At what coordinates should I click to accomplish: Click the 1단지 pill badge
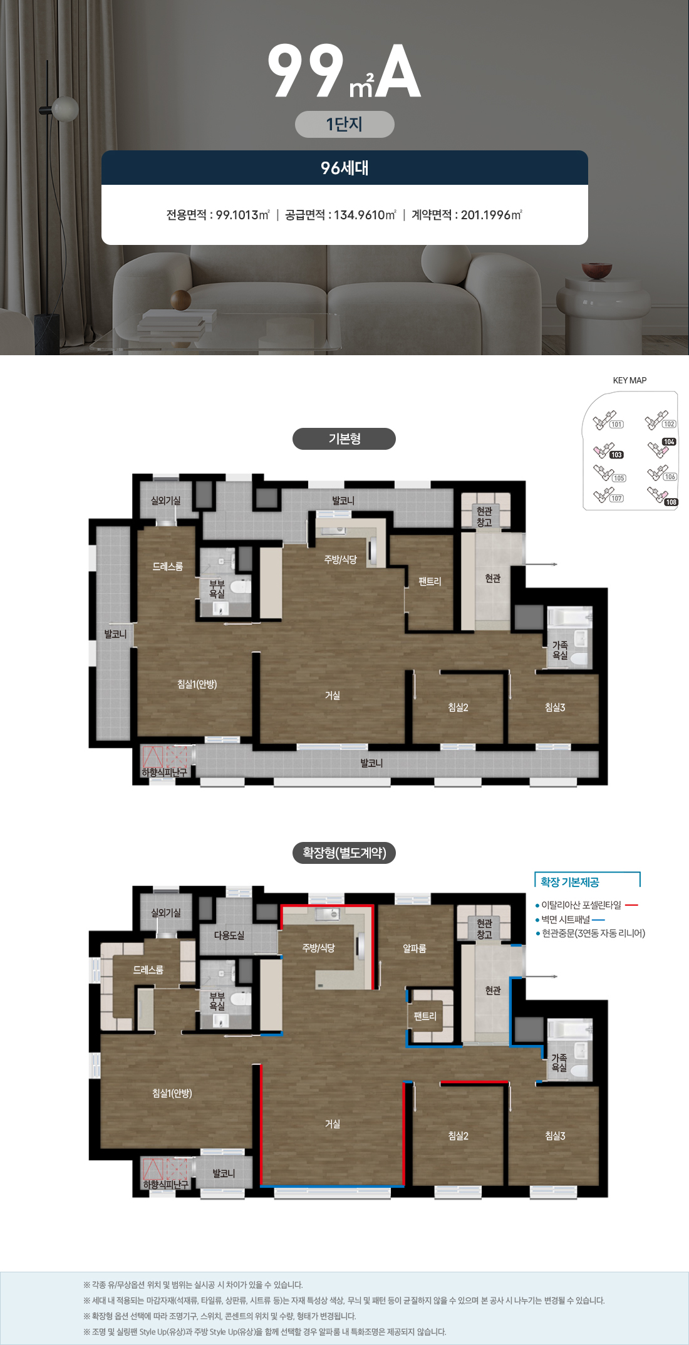point(344,124)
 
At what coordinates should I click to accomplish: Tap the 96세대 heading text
point(344,168)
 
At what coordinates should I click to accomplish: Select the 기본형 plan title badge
point(344,439)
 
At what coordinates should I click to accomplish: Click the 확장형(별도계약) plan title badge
point(344,853)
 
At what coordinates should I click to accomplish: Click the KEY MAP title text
point(629,380)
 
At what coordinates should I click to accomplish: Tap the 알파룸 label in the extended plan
point(415,948)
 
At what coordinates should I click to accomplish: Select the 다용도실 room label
point(229,935)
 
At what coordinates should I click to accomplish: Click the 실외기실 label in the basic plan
point(166,501)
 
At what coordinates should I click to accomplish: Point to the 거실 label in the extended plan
point(333,1124)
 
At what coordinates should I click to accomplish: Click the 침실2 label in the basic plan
point(458,707)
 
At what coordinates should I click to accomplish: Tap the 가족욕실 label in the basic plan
point(560,650)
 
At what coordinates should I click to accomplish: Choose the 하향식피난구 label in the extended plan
point(165,1185)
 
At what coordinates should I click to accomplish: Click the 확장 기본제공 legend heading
point(570,882)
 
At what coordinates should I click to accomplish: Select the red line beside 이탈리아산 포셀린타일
point(631,905)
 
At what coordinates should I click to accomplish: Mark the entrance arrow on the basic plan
point(541,564)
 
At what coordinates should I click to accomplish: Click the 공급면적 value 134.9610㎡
point(365,215)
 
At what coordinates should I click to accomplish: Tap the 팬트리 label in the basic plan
point(430,581)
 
